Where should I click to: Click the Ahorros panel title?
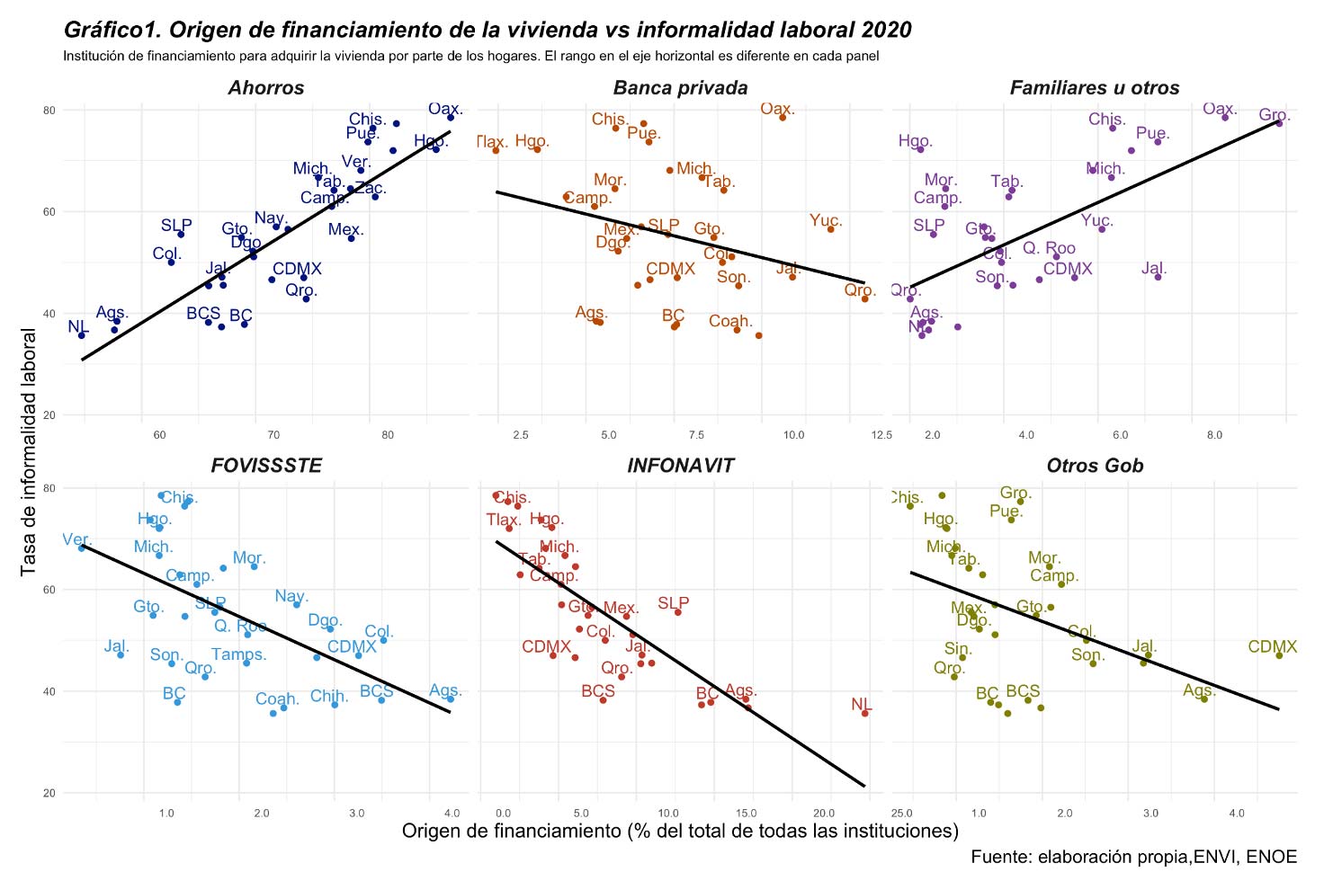pyautogui.click(x=266, y=88)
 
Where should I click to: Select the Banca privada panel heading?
pyautogui.click(x=680, y=88)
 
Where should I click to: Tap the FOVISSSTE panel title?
pyautogui.click(x=266, y=466)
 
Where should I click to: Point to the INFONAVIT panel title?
pyautogui.click(x=681, y=466)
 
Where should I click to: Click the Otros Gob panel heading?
pyautogui.click(x=1095, y=466)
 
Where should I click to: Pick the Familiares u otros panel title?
pyautogui.click(x=1095, y=88)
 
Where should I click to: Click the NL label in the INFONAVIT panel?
pyautogui.click(x=862, y=705)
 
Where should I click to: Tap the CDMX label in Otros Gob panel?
pyautogui.click(x=1273, y=647)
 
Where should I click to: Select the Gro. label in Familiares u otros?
pyautogui.click(x=1275, y=115)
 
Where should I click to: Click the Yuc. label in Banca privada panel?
pyautogui.click(x=826, y=221)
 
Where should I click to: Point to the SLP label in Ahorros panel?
pyautogui.click(x=176, y=226)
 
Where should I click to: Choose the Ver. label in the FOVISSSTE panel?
pyautogui.click(x=77, y=540)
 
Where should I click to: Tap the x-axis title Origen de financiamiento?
pyautogui.click(x=680, y=831)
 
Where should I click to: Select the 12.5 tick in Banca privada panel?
pyautogui.click(x=881, y=436)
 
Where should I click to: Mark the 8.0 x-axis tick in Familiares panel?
pyautogui.click(x=1214, y=436)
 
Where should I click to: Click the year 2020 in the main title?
pyautogui.click(x=886, y=31)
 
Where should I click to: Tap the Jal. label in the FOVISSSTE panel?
pyautogui.click(x=117, y=646)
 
